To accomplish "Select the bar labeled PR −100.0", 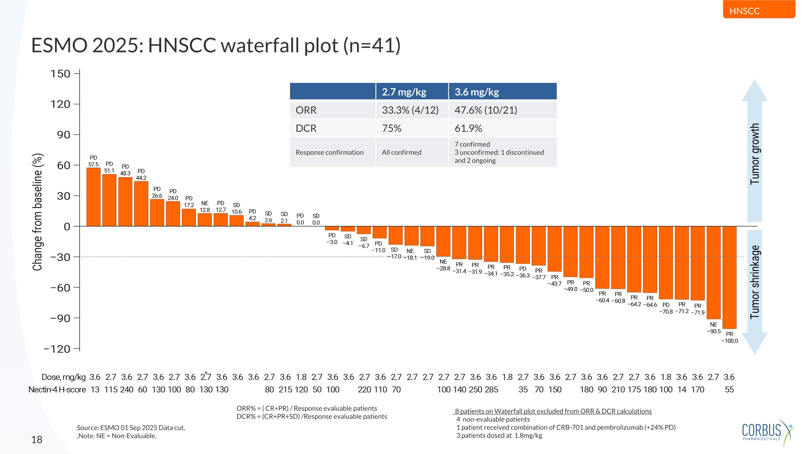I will (729, 277).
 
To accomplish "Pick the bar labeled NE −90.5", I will (713, 273).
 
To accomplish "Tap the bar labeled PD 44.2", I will (141, 204).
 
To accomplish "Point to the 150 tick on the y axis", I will (60, 74).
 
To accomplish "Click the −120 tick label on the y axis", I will (57, 349).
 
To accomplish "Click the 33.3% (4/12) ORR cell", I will (410, 110).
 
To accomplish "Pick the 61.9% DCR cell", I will (468, 128).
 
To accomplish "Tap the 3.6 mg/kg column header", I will (476, 92).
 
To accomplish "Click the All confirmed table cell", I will (402, 152).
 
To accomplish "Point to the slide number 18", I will (37, 439).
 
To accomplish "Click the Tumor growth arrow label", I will (755, 153).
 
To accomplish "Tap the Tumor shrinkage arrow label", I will (755, 282).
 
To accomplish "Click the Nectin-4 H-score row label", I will (57, 389).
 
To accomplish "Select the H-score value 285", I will (491, 389).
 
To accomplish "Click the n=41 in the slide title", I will (372, 45).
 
